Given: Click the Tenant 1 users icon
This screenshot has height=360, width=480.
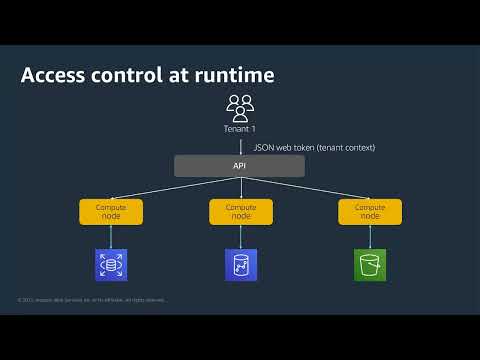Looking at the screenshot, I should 240,106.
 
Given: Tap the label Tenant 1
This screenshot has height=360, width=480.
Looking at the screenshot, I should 240,129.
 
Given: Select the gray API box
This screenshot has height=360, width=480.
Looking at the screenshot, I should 240,166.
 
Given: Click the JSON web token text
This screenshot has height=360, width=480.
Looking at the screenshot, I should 313,148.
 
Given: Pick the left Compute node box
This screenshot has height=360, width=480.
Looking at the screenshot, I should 111,211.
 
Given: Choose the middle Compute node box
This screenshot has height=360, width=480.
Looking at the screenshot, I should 240,211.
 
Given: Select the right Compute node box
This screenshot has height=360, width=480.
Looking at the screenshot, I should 369,211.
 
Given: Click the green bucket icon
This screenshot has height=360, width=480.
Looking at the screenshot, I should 370,265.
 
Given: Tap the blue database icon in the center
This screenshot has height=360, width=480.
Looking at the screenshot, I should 241,265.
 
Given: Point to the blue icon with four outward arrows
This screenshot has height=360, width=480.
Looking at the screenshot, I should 111,265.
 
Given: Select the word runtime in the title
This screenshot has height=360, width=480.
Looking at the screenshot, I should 232,76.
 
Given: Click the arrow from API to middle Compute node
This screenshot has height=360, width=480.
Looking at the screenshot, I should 240,189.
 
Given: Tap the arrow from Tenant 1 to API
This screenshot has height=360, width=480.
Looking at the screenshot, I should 240,145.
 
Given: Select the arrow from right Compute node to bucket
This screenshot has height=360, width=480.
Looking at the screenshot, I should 370,237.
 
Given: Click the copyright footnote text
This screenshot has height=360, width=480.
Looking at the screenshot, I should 92,300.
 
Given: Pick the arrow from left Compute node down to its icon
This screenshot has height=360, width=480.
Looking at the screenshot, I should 111,237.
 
